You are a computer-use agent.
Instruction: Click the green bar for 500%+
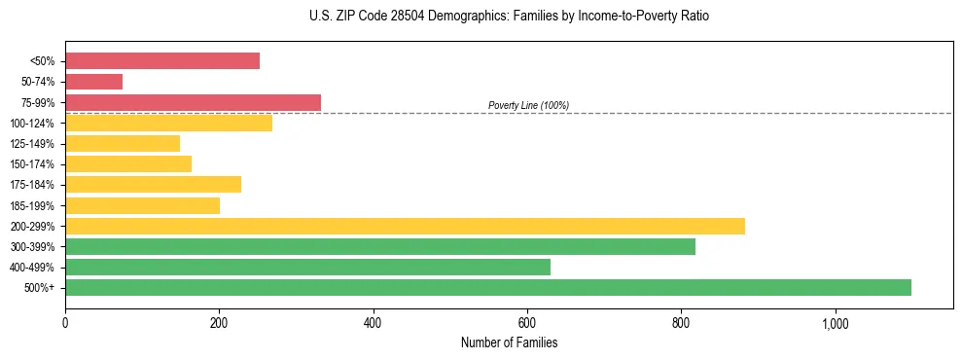[487, 287]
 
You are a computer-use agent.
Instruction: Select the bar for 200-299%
[405, 226]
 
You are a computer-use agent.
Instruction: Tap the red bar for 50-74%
[93, 82]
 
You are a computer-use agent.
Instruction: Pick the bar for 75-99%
[193, 102]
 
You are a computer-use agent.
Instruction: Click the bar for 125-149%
[123, 144]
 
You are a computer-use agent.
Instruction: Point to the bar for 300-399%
[380, 246]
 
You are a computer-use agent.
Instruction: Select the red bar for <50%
[162, 61]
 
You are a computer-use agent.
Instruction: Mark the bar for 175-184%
[153, 185]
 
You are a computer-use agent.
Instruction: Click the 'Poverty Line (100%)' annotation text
[528, 105]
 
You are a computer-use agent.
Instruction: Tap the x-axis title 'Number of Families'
[509, 342]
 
